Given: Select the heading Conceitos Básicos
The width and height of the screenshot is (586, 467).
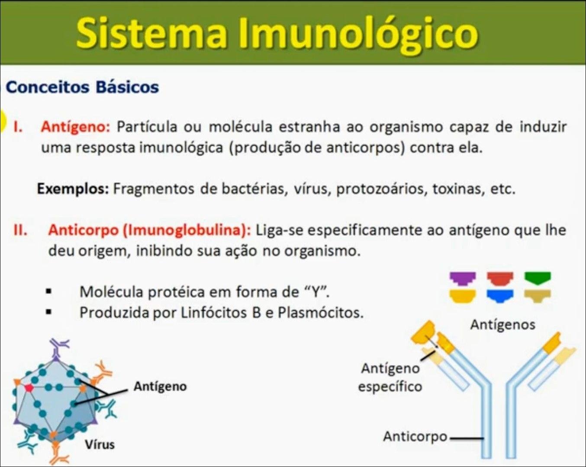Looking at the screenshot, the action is pyautogui.click(x=82, y=87).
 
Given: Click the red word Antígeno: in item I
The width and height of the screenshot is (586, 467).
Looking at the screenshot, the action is pyautogui.click(x=75, y=128).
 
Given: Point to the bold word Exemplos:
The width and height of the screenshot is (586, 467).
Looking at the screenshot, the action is pyautogui.click(x=73, y=189).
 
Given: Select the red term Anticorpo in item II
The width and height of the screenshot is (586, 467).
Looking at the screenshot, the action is pyautogui.click(x=84, y=230).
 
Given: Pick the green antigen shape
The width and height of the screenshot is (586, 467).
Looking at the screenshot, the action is pyautogui.click(x=538, y=278).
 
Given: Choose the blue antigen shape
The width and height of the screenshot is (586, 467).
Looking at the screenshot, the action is pyautogui.click(x=500, y=296).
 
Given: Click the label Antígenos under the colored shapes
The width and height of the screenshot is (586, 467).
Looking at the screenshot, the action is pyautogui.click(x=502, y=325).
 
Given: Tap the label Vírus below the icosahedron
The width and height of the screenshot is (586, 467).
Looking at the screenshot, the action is pyautogui.click(x=100, y=445).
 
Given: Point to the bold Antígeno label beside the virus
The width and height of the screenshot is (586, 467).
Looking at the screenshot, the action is pyautogui.click(x=160, y=387).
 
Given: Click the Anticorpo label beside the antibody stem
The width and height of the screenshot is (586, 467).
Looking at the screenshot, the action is pyautogui.click(x=415, y=437).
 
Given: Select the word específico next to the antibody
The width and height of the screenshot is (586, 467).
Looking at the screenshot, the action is pyautogui.click(x=390, y=387).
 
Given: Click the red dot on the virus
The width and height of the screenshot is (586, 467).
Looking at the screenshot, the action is pyautogui.click(x=29, y=388).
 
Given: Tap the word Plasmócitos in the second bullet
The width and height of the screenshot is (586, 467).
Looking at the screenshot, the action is pyautogui.click(x=321, y=313).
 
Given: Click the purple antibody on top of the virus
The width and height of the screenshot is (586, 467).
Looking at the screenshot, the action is pyautogui.click(x=58, y=349).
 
